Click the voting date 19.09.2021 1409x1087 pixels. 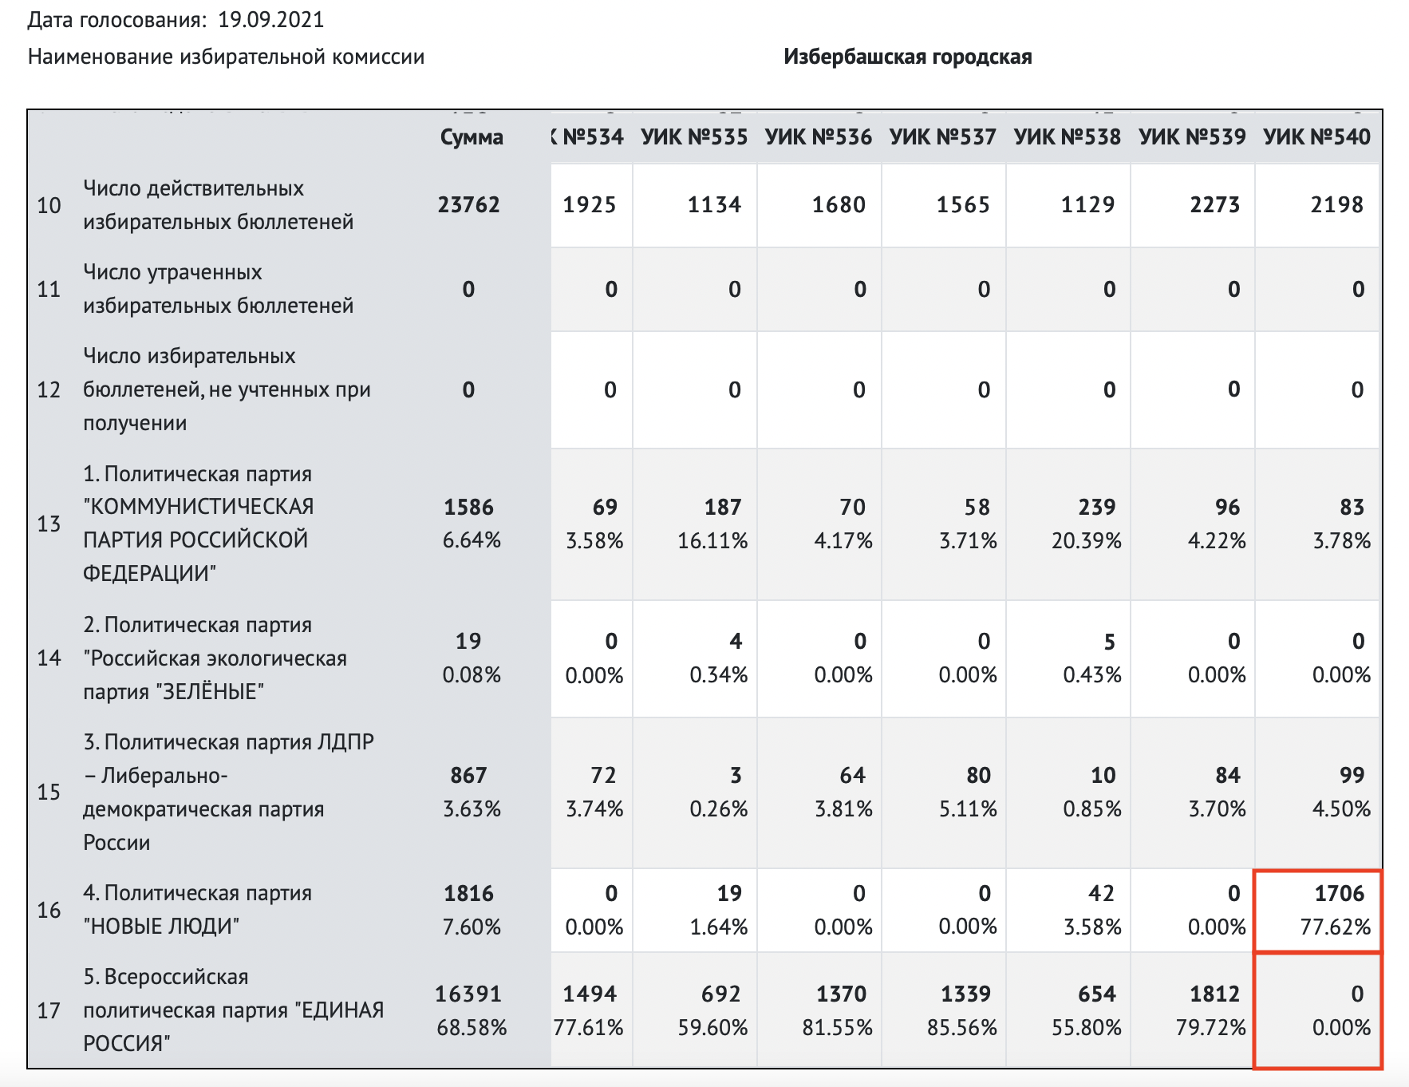click(x=270, y=19)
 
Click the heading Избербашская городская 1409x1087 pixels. click(x=907, y=57)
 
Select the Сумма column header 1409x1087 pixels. click(x=472, y=137)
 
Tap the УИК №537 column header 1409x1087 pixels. click(x=942, y=137)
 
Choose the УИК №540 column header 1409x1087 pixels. click(x=1316, y=137)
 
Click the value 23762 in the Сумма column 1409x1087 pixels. click(x=469, y=205)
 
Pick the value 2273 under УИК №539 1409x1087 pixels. click(x=1214, y=205)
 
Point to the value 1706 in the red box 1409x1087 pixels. click(x=1340, y=893)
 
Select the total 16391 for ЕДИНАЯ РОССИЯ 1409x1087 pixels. click(x=468, y=994)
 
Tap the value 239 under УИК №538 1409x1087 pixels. click(x=1096, y=507)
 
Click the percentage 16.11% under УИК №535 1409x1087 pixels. click(x=712, y=541)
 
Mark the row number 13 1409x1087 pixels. click(x=49, y=524)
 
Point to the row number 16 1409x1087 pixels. click(x=49, y=910)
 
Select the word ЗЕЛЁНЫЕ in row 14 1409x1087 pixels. click(x=212, y=692)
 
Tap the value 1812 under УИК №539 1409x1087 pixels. click(x=1214, y=994)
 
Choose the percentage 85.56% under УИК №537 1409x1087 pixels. click(x=961, y=1027)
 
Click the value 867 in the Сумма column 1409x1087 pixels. click(x=468, y=775)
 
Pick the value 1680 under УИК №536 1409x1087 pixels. click(x=839, y=205)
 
